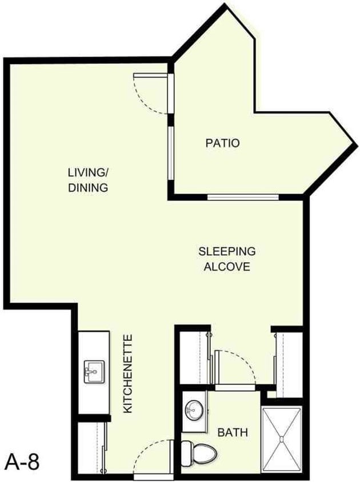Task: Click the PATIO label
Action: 222,143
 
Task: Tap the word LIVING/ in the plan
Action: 88,172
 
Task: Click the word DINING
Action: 88,187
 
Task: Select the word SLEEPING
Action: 227,251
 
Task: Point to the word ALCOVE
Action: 227,266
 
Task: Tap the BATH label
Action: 233,433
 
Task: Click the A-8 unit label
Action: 22,461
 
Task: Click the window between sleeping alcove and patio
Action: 242,198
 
